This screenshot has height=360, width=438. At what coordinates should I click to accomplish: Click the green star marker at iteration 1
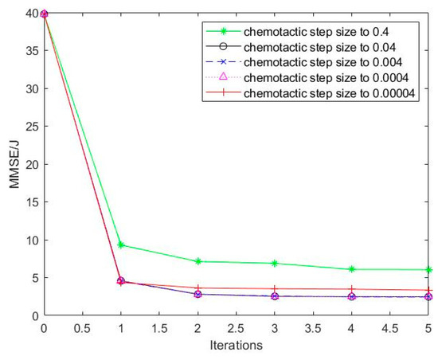[121, 245]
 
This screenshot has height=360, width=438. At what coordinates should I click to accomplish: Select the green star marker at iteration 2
[197, 261]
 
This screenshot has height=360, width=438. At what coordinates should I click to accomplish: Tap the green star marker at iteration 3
[275, 264]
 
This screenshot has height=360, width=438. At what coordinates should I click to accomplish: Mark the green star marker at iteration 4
[351, 269]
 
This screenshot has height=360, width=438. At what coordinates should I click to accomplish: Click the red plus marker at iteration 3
[275, 288]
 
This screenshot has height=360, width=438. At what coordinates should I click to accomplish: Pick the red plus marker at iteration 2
[197, 288]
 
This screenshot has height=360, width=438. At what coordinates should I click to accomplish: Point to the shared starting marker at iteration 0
[44, 14]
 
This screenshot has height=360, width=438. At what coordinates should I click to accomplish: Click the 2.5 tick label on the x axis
[236, 328]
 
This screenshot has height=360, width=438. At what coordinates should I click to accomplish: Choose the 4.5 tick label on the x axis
[389, 328]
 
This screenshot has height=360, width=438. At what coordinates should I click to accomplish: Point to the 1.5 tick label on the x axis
[159, 328]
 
